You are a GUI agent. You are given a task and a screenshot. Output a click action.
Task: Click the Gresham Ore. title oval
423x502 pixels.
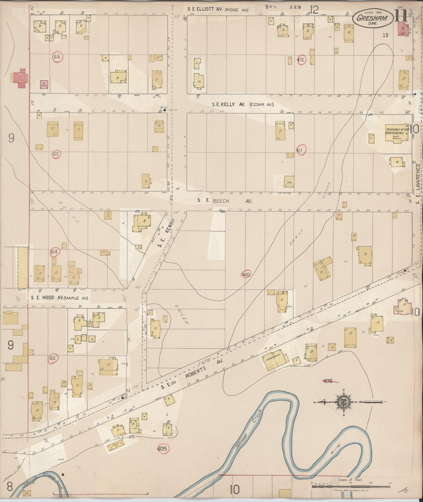(x=373, y=19)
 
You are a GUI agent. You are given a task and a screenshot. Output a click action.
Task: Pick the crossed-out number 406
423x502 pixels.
(x=328, y=381)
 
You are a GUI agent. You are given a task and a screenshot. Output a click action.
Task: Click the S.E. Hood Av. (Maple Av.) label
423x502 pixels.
(x=59, y=298)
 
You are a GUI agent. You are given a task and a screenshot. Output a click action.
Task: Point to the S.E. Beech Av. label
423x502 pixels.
(x=225, y=201)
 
